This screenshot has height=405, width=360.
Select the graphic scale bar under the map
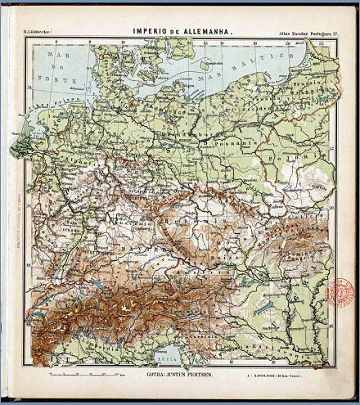click(x=85, y=372)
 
